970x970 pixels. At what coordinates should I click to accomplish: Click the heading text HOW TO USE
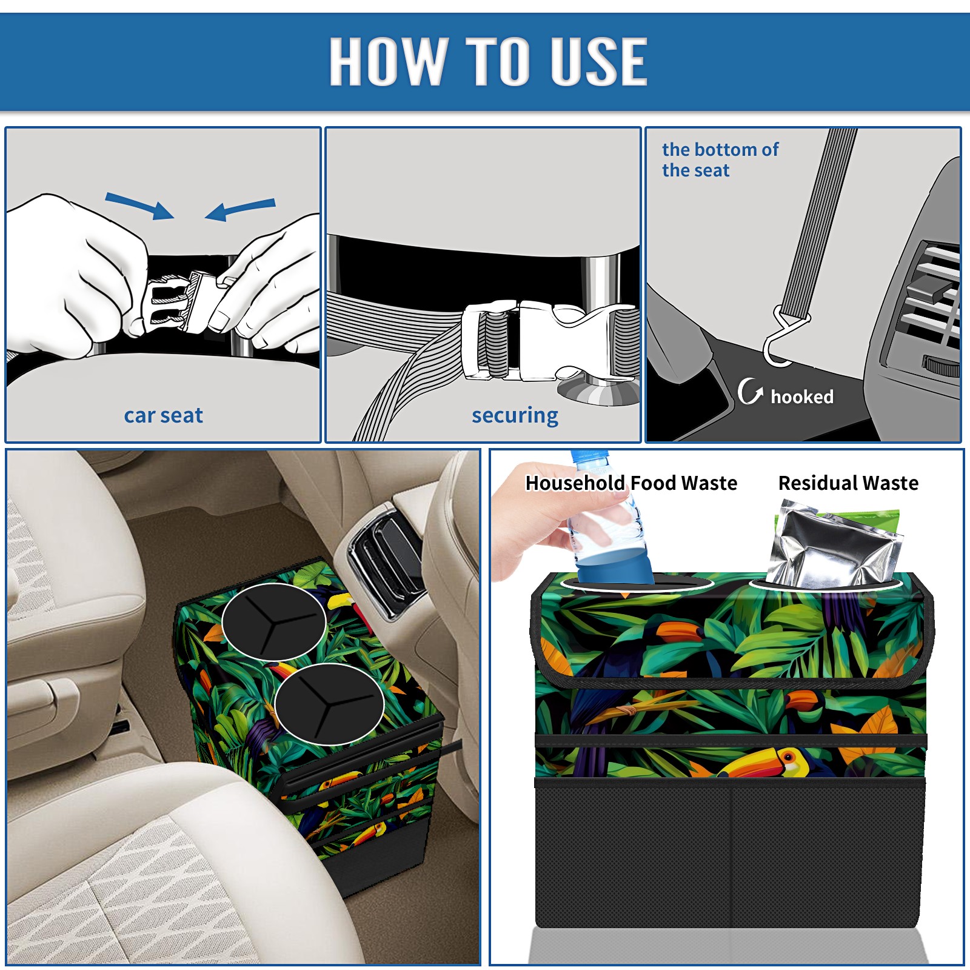coord(489,61)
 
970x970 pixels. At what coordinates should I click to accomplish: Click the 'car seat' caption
coord(163,415)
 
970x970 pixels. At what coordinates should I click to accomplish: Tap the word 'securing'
coord(515,416)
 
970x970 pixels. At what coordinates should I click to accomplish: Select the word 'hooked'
coord(802,396)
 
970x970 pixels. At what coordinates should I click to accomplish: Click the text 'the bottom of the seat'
coord(720,159)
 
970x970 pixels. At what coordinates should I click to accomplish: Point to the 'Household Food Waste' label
coord(631,483)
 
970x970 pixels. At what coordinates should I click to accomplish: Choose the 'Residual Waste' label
coord(848,483)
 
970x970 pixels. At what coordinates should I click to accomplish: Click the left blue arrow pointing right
coord(139,206)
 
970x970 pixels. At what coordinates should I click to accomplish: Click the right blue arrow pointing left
coord(240,209)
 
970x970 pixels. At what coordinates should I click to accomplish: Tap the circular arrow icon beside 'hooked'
coord(749,391)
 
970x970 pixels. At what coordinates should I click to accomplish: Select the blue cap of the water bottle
coord(588,455)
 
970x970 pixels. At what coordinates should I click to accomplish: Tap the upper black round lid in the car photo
coord(274,621)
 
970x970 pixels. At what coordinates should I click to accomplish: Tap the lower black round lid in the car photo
coord(329,704)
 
